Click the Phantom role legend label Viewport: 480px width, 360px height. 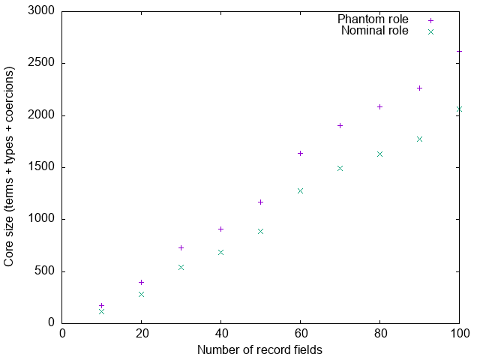click(373, 19)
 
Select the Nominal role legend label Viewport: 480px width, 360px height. click(374, 31)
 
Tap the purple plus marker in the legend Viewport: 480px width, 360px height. click(430, 19)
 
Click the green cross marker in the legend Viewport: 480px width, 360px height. click(430, 31)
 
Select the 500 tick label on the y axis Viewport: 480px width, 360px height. click(46, 271)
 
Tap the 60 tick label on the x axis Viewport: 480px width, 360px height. click(300, 333)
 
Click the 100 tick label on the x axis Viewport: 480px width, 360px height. click(459, 333)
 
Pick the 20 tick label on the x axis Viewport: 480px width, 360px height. click(141, 333)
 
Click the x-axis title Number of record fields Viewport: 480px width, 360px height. click(260, 349)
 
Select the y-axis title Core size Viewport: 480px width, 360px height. click(10, 167)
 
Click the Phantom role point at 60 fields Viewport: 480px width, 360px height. click(300, 153)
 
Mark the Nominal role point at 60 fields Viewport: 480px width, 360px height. click(300, 190)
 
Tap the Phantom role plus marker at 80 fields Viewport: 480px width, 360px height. click(379, 106)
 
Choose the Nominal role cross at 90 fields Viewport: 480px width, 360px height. click(419, 139)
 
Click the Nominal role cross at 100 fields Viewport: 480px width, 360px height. click(459, 109)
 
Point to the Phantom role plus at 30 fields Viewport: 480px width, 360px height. click(181, 247)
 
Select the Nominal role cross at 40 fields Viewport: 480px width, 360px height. click(220, 252)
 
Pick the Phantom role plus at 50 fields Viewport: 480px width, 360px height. click(260, 202)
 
